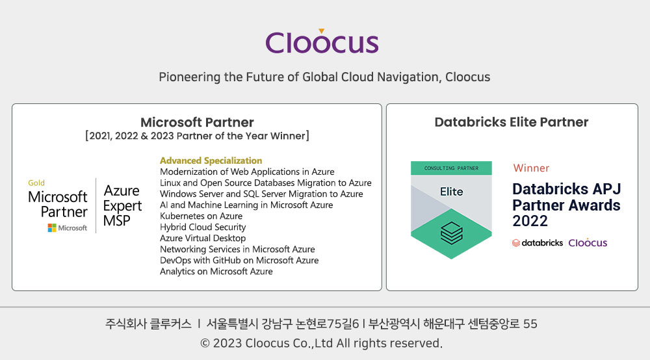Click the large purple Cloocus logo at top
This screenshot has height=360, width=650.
322,42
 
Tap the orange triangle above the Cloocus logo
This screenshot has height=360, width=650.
321,31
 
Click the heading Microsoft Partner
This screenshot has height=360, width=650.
197,122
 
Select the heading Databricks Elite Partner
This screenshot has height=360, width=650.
512,122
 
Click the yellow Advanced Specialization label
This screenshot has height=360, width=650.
211,161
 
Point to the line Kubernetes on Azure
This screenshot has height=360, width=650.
201,216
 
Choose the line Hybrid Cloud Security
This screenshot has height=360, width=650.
203,227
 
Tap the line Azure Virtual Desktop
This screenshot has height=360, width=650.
203,238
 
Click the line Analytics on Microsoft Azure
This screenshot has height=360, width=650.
216,272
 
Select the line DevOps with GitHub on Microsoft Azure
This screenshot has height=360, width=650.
239,260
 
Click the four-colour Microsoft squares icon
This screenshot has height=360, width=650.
52,228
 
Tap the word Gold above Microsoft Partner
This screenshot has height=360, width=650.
36,183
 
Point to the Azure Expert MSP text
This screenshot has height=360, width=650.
122,205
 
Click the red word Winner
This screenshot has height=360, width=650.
531,168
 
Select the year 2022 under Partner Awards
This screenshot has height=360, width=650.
530,221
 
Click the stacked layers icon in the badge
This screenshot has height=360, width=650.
452,233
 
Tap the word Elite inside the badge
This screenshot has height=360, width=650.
452,192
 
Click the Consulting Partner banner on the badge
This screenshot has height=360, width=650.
452,168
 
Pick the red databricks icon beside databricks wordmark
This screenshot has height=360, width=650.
516,243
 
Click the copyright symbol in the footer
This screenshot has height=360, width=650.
205,343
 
